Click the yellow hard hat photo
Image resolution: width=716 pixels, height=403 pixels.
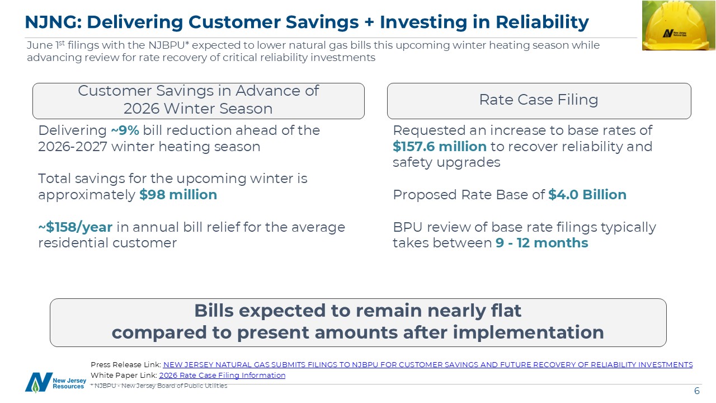[x=679, y=25]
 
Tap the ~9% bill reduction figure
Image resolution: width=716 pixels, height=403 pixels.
[x=125, y=130]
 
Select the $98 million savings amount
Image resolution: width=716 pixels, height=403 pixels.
[x=178, y=194]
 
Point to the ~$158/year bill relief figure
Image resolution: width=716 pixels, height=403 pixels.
[x=76, y=227]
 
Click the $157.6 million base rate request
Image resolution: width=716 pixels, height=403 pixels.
[x=440, y=147]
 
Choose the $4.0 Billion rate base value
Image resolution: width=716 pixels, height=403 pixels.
[x=587, y=194]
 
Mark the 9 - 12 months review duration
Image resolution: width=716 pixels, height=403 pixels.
[x=542, y=243]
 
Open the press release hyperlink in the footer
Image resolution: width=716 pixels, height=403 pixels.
[x=428, y=364]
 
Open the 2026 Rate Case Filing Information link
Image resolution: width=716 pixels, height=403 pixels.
[x=222, y=375]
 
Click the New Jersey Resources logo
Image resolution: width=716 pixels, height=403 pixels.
[x=55, y=382]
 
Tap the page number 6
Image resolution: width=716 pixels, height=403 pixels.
[x=697, y=391]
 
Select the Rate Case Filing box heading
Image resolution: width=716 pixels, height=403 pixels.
[x=539, y=100]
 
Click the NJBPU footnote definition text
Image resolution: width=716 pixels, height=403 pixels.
[x=159, y=386]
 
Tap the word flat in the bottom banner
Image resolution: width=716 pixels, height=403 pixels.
[x=506, y=311]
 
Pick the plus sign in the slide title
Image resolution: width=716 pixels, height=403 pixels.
[x=369, y=22]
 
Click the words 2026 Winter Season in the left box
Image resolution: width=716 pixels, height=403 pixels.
[x=198, y=109]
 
